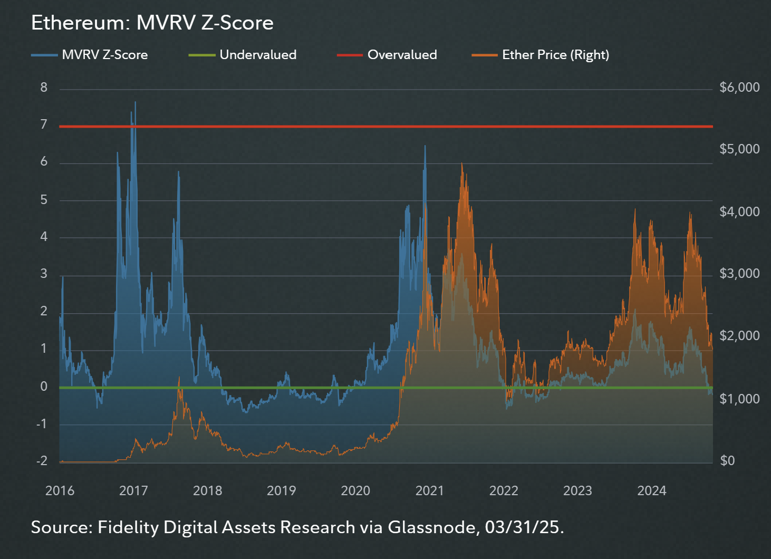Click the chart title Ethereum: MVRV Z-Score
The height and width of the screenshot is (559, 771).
tap(152, 23)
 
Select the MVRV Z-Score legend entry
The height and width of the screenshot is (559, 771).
tap(104, 55)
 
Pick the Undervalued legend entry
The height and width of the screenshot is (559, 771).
tap(258, 55)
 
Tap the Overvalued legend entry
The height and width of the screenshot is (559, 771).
tap(402, 55)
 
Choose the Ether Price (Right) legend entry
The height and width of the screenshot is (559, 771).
tap(555, 55)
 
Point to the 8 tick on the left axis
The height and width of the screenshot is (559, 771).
tap(44, 88)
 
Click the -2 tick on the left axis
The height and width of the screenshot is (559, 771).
tap(42, 461)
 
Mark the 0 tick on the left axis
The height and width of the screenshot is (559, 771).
tap(44, 387)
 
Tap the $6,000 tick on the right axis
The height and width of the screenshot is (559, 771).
tap(739, 88)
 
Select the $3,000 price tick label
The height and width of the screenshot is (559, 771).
tap(739, 274)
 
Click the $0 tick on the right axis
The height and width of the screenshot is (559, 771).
tap(727, 461)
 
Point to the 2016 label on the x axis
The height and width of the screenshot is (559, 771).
tap(60, 491)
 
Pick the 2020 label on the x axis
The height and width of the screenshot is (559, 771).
tap(355, 491)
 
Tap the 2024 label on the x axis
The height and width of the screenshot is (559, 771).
tap(652, 491)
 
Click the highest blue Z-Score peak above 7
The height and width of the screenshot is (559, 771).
tap(135, 102)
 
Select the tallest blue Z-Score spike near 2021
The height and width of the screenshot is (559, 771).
tap(425, 146)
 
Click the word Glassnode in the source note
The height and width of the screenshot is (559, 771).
tap(433, 527)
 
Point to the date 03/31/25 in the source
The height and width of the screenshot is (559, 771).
tap(522, 527)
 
